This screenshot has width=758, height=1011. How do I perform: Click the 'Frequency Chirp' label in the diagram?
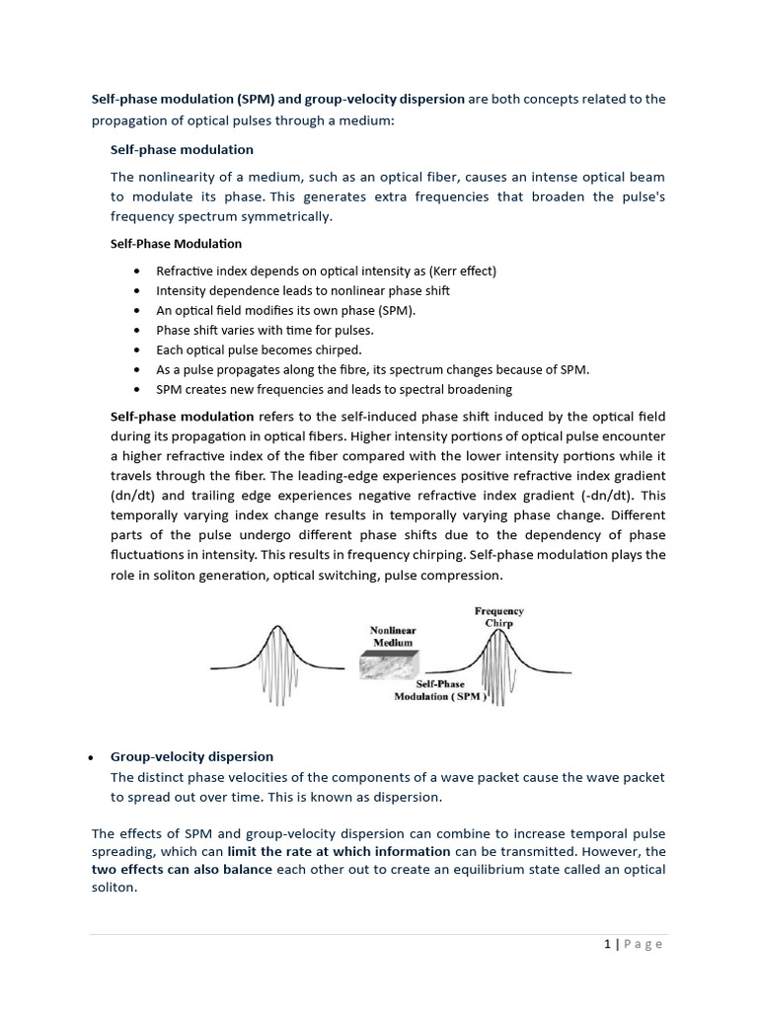pos(498,617)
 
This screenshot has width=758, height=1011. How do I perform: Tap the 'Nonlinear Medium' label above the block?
pos(393,636)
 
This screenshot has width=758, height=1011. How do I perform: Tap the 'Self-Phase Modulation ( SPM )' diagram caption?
pos(440,690)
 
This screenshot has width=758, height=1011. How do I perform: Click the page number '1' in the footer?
pos(608,944)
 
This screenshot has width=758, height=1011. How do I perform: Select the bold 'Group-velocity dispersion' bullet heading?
pos(191,756)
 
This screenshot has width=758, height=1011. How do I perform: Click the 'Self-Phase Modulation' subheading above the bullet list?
pos(176,243)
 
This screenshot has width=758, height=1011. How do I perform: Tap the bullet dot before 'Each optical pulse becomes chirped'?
pos(135,350)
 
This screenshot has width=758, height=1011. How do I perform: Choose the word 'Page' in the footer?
pos(644,944)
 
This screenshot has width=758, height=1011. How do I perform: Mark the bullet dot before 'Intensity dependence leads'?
pos(135,291)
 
